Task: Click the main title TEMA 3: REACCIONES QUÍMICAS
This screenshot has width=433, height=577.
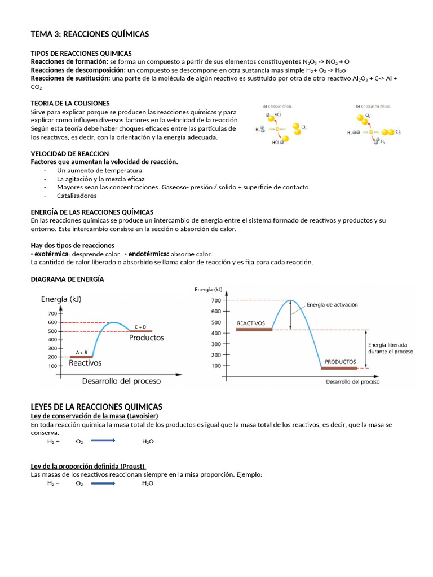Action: pyautogui.click(x=90, y=34)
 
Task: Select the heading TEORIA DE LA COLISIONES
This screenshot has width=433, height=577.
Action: pyautogui.click(x=70, y=103)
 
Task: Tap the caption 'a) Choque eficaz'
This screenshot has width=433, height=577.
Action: pyautogui.click(x=277, y=106)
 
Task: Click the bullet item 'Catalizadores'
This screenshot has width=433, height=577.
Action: pyautogui.click(x=77, y=196)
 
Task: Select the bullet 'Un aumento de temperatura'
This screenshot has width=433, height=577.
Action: pyautogui.click(x=99, y=170)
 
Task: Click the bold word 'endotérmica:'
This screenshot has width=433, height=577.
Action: pyautogui.click(x=149, y=254)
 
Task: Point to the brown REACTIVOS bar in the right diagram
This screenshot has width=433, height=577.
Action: pyautogui.click(x=254, y=330)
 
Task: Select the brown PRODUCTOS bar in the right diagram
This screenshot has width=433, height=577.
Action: pyautogui.click(x=339, y=368)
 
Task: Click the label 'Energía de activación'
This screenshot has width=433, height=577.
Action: pyautogui.click(x=332, y=305)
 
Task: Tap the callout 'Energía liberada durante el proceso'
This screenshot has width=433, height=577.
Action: pyautogui.click(x=390, y=348)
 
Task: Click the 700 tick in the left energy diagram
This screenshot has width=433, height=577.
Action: pyautogui.click(x=52, y=313)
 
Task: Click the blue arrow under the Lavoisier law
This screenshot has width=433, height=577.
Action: pyautogui.click(x=103, y=441)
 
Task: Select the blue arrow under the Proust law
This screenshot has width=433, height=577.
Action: pyautogui.click(x=103, y=483)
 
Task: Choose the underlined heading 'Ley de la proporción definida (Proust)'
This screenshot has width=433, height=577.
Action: pyautogui.click(x=88, y=466)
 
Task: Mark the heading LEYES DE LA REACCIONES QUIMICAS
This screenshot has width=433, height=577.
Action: pyautogui.click(x=96, y=406)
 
